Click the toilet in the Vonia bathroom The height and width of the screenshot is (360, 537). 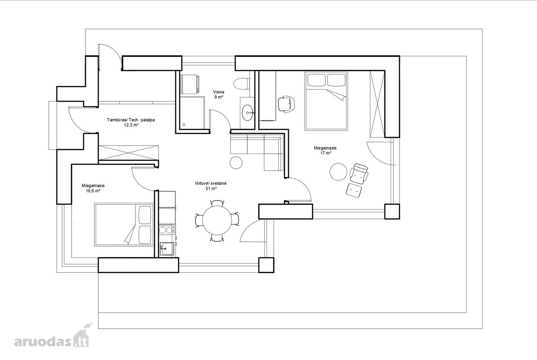pyautogui.click(x=241, y=84)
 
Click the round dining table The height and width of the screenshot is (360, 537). pyautogui.click(x=217, y=220)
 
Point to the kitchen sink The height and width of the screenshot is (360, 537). pyautogui.click(x=167, y=249)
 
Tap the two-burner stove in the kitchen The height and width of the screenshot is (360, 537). pyautogui.click(x=167, y=230)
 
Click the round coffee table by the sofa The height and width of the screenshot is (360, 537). pyautogui.click(x=236, y=163)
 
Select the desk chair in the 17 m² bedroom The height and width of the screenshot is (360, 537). pyautogui.click(x=286, y=104)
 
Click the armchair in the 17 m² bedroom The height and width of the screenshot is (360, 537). pyautogui.click(x=359, y=174)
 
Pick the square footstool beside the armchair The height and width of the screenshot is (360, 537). pyautogui.click(x=354, y=191)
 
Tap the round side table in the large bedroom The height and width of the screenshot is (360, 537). pyautogui.click(x=338, y=172)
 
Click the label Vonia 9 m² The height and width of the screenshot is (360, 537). pyautogui.click(x=219, y=94)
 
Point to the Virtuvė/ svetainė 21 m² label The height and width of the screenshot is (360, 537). pyautogui.click(x=211, y=186)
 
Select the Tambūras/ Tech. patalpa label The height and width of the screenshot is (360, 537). pyautogui.click(x=131, y=120)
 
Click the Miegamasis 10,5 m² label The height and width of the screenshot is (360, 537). pyautogui.click(x=93, y=188)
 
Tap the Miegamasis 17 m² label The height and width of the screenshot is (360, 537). pyautogui.click(x=325, y=150)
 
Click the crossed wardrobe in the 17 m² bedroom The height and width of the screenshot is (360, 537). pyautogui.click(x=377, y=104)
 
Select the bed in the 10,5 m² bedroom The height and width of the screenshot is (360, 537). pyautogui.click(x=124, y=224)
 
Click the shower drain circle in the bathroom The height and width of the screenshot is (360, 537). pyautogui.click(x=184, y=125)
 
